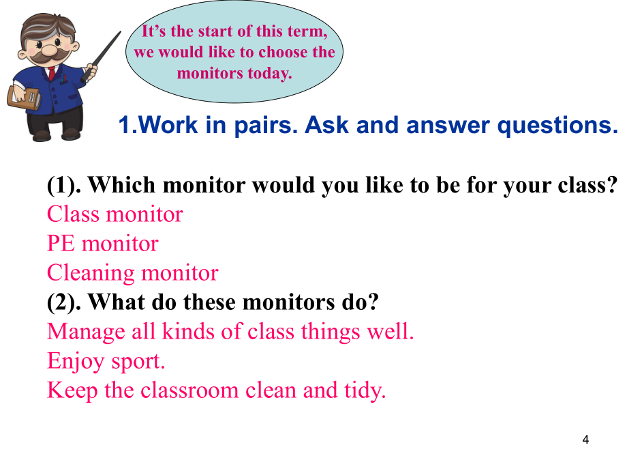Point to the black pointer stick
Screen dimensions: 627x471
(101, 57)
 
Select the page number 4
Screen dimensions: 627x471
(585, 440)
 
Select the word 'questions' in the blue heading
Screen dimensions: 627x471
(557, 126)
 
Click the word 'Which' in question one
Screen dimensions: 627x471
(121, 185)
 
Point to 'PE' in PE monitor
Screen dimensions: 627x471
(61, 244)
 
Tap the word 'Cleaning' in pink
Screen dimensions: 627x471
(91, 274)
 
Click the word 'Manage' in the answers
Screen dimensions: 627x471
(86, 332)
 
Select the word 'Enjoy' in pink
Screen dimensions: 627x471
(76, 362)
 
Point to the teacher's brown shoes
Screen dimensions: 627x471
(57, 134)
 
